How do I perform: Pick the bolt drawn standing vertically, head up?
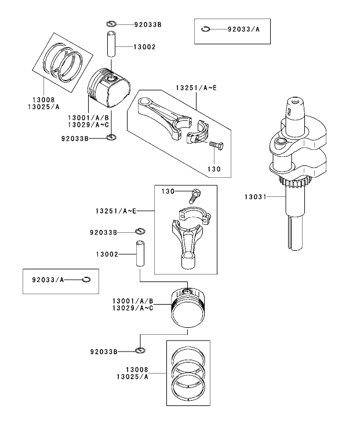195,195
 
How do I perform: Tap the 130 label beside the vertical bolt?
168,191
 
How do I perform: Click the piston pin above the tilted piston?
112,46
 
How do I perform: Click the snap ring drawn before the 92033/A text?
207,28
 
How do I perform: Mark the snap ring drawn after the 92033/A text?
86,280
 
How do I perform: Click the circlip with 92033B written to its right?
111,24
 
